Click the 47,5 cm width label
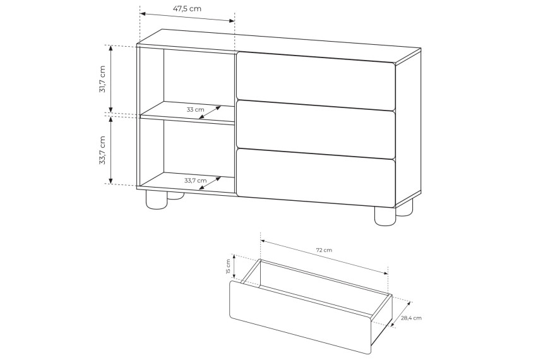click(187, 9)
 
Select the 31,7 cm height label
click(102, 79)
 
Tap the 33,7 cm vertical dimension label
click(102, 150)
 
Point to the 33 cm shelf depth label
click(195, 109)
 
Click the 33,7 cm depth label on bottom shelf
click(195, 180)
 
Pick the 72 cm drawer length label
click(324, 250)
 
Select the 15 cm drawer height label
click(228, 267)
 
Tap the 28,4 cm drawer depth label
click(412, 318)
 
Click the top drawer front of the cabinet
click(316, 80)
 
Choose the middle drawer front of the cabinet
click(316, 130)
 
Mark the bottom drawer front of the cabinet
click(316, 177)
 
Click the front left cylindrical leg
click(156, 200)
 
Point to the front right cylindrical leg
click(385, 216)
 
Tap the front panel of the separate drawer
click(301, 317)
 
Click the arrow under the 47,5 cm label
click(188, 17)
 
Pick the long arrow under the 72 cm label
click(325, 257)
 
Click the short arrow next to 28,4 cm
click(401, 314)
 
